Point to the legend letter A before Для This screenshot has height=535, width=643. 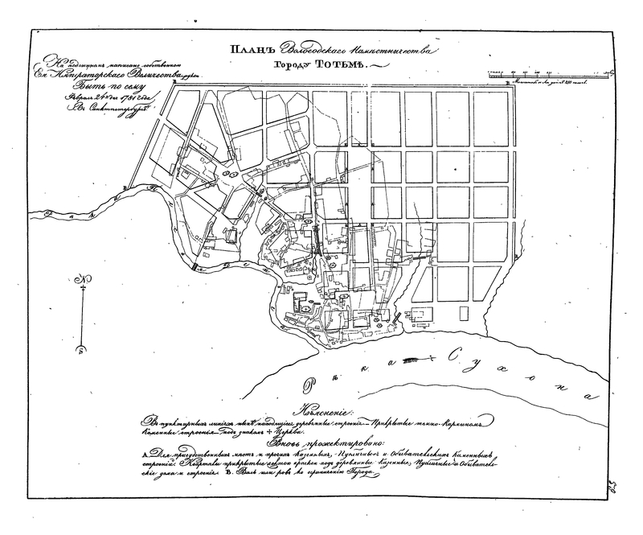click(x=145, y=455)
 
